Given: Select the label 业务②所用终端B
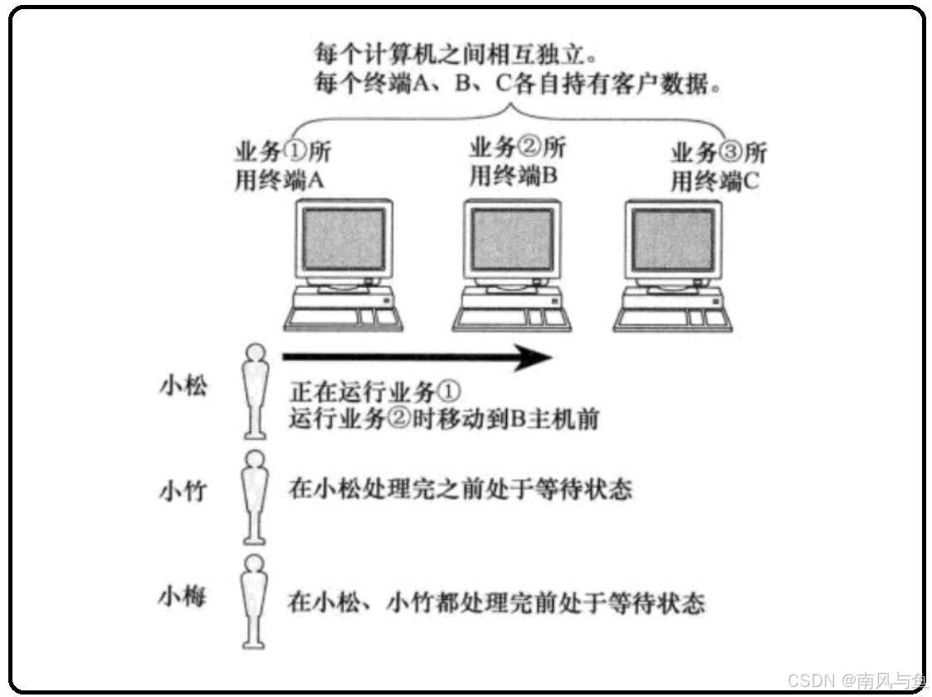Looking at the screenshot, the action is pyautogui.click(x=517, y=163).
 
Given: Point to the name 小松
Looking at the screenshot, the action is pyautogui.click(x=183, y=387).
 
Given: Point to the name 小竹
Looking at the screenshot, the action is pyautogui.click(x=183, y=490).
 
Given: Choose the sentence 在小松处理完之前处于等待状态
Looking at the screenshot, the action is pyautogui.click(x=460, y=490).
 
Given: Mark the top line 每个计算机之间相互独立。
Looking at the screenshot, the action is pyautogui.click(x=455, y=54).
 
